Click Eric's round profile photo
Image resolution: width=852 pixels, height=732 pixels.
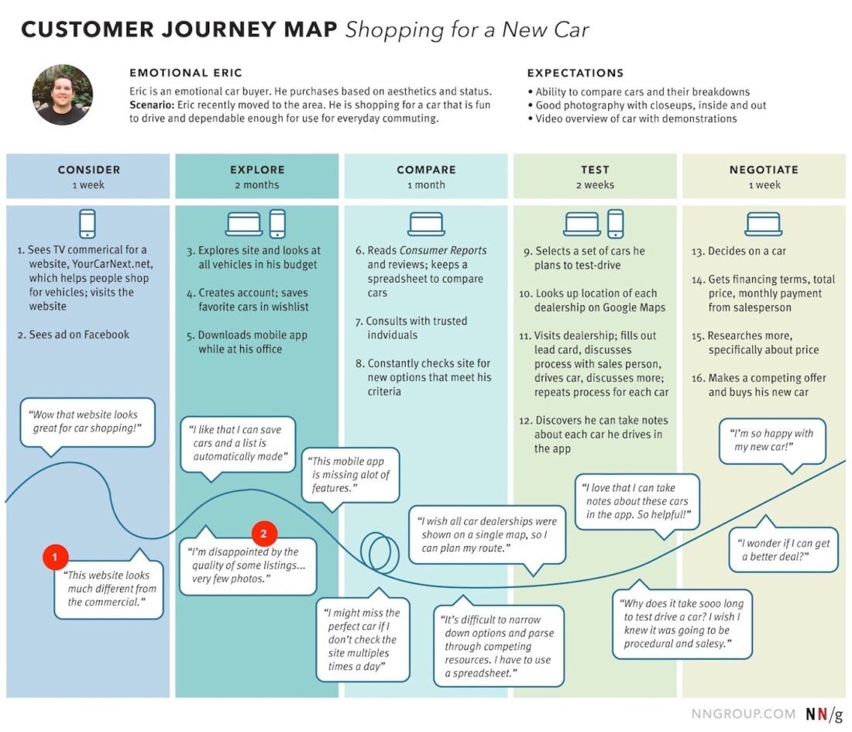(62, 95)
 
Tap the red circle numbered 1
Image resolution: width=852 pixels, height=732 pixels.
(56, 555)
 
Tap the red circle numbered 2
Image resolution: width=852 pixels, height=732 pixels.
(264, 533)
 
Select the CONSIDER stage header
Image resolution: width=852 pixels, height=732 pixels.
(88, 170)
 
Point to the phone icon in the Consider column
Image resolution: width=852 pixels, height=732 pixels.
(88, 224)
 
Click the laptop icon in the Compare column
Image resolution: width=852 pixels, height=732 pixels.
(426, 225)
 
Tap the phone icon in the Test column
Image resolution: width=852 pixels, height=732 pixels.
(615, 224)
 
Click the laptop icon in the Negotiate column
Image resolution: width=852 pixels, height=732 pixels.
(764, 225)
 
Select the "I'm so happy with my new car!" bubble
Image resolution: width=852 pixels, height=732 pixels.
(771, 442)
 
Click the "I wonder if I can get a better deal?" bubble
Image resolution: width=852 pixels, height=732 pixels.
(784, 550)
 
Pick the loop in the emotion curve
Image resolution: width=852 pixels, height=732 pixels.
(379, 551)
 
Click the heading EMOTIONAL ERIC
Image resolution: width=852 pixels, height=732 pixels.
(186, 74)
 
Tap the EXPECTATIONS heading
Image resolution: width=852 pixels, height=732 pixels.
(575, 74)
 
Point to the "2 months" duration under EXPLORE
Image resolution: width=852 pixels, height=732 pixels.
(257, 185)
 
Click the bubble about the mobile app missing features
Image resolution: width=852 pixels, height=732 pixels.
(351, 475)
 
